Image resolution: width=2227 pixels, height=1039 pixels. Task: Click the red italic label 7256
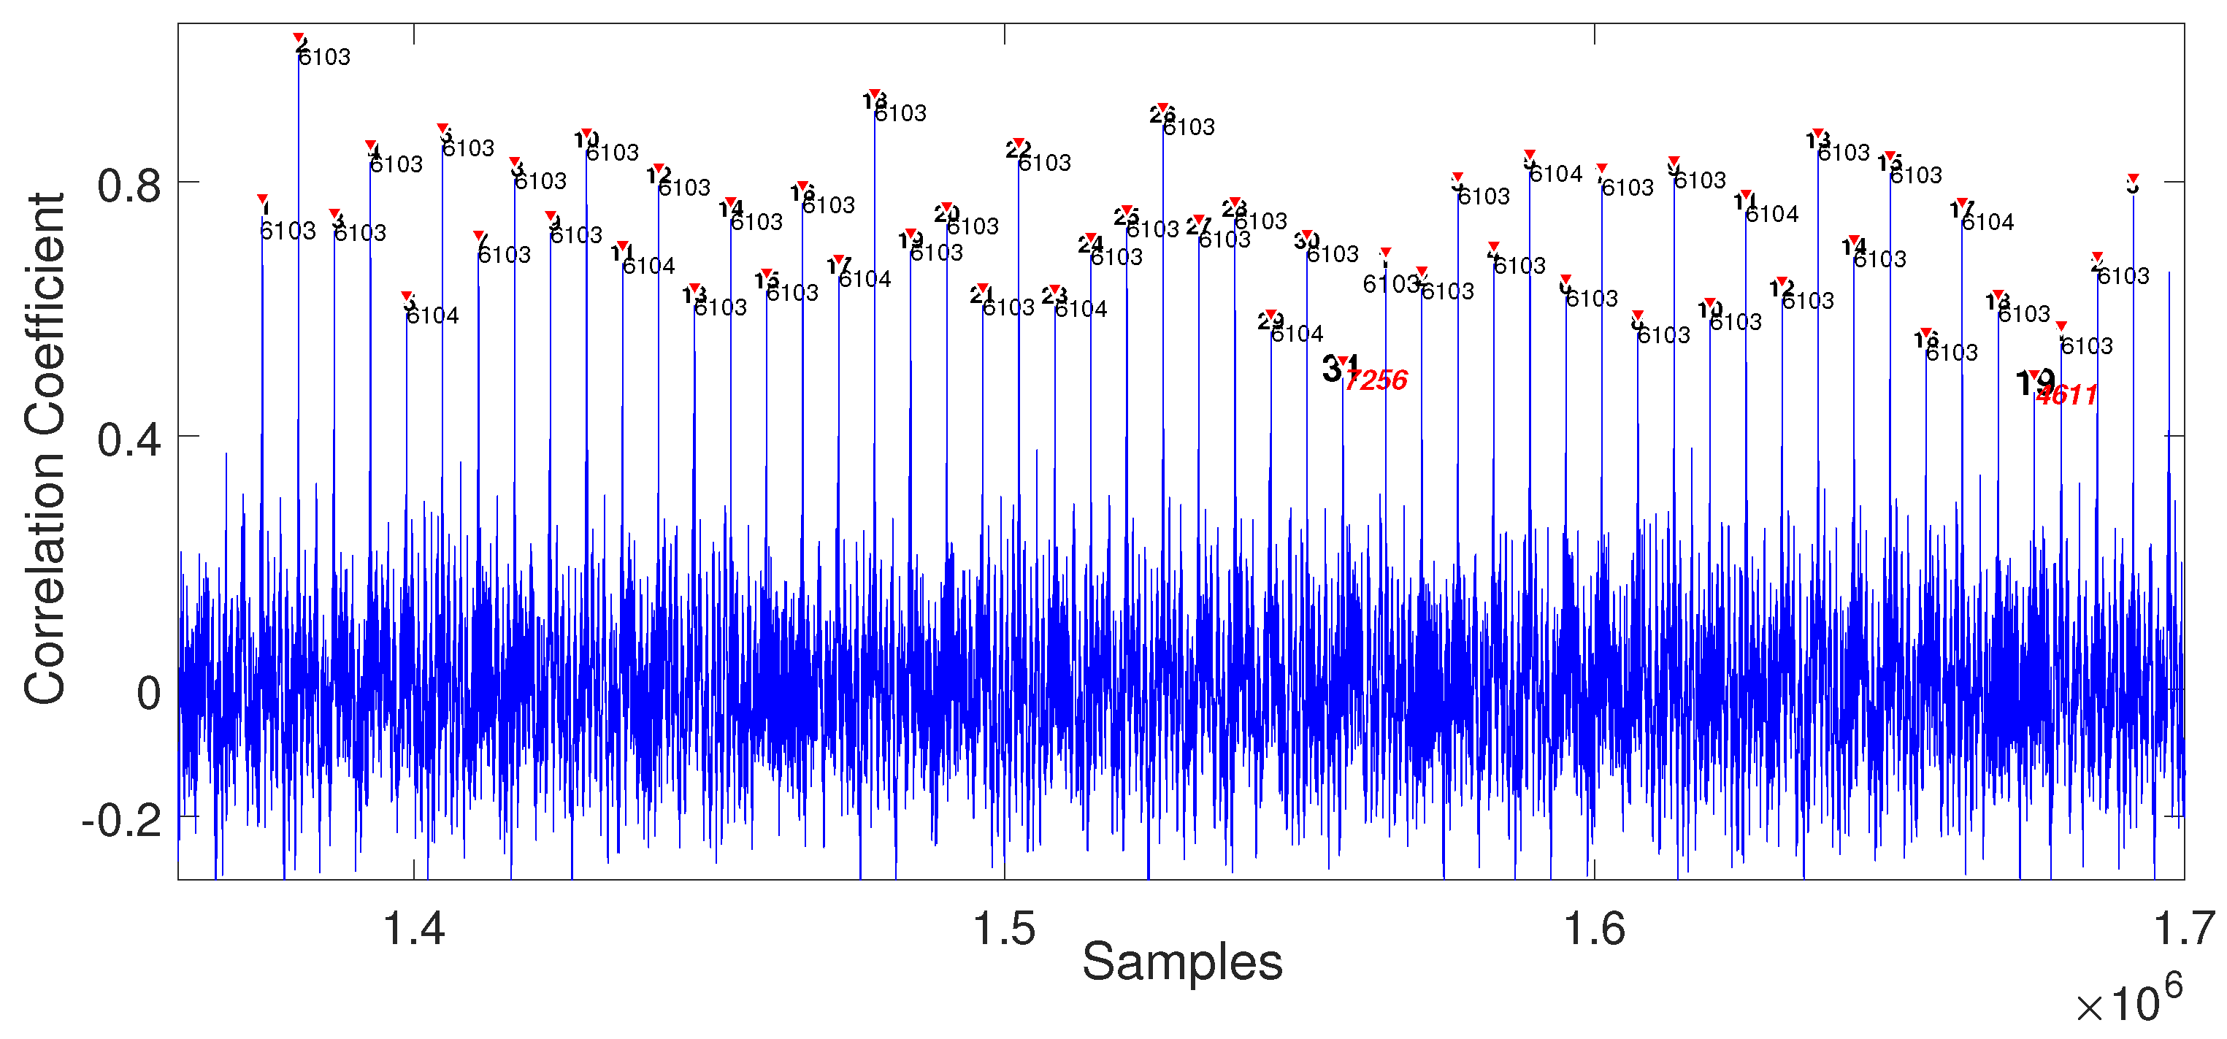point(1376,380)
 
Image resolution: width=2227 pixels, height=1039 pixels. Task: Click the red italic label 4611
point(2066,396)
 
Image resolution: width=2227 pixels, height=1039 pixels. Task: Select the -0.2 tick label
point(121,820)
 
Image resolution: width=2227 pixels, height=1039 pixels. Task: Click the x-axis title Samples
point(1182,962)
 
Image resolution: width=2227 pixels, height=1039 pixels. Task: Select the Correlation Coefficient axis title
point(45,450)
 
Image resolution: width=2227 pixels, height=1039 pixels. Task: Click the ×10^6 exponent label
point(2128,1002)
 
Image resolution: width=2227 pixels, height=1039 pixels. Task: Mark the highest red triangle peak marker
point(299,39)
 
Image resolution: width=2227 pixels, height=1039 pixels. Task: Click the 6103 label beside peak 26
point(1189,128)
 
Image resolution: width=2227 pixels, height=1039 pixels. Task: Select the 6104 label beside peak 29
point(1297,334)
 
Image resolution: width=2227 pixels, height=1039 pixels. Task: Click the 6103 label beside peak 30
point(1333,254)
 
